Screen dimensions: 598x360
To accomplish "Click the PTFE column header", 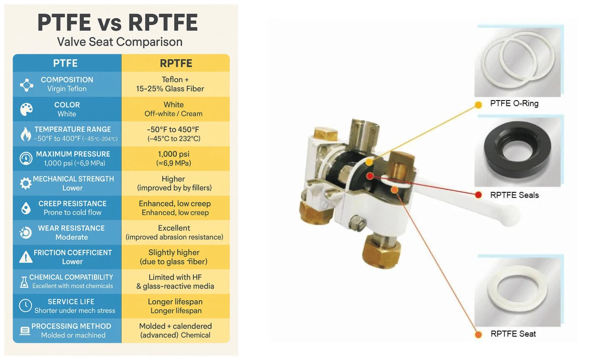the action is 65,63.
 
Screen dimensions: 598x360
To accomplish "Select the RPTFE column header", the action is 176,64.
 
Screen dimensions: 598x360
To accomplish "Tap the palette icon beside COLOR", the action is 26,109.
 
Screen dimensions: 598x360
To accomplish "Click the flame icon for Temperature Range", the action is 26,134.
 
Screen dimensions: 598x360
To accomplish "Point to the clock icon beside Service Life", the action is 25,305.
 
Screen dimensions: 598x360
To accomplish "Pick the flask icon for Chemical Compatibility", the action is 24,282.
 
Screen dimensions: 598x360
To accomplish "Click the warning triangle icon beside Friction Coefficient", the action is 26,257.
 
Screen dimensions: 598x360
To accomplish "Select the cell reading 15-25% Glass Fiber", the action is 170,89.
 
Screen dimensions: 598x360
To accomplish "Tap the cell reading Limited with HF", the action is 175,277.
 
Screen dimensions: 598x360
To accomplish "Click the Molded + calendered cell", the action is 175,326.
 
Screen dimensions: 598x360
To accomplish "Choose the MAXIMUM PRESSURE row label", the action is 73,154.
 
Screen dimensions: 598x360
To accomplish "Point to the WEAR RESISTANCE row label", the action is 71,228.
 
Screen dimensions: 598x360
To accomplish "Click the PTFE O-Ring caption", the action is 514,103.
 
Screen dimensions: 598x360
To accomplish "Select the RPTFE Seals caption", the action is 515,195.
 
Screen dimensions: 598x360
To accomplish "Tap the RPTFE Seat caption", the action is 513,334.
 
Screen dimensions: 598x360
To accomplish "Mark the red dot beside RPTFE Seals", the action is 478,195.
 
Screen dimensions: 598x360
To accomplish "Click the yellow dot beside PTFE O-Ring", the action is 478,105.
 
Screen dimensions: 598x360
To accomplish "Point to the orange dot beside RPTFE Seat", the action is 478,335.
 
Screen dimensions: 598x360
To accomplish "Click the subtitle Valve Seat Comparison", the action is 120,42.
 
